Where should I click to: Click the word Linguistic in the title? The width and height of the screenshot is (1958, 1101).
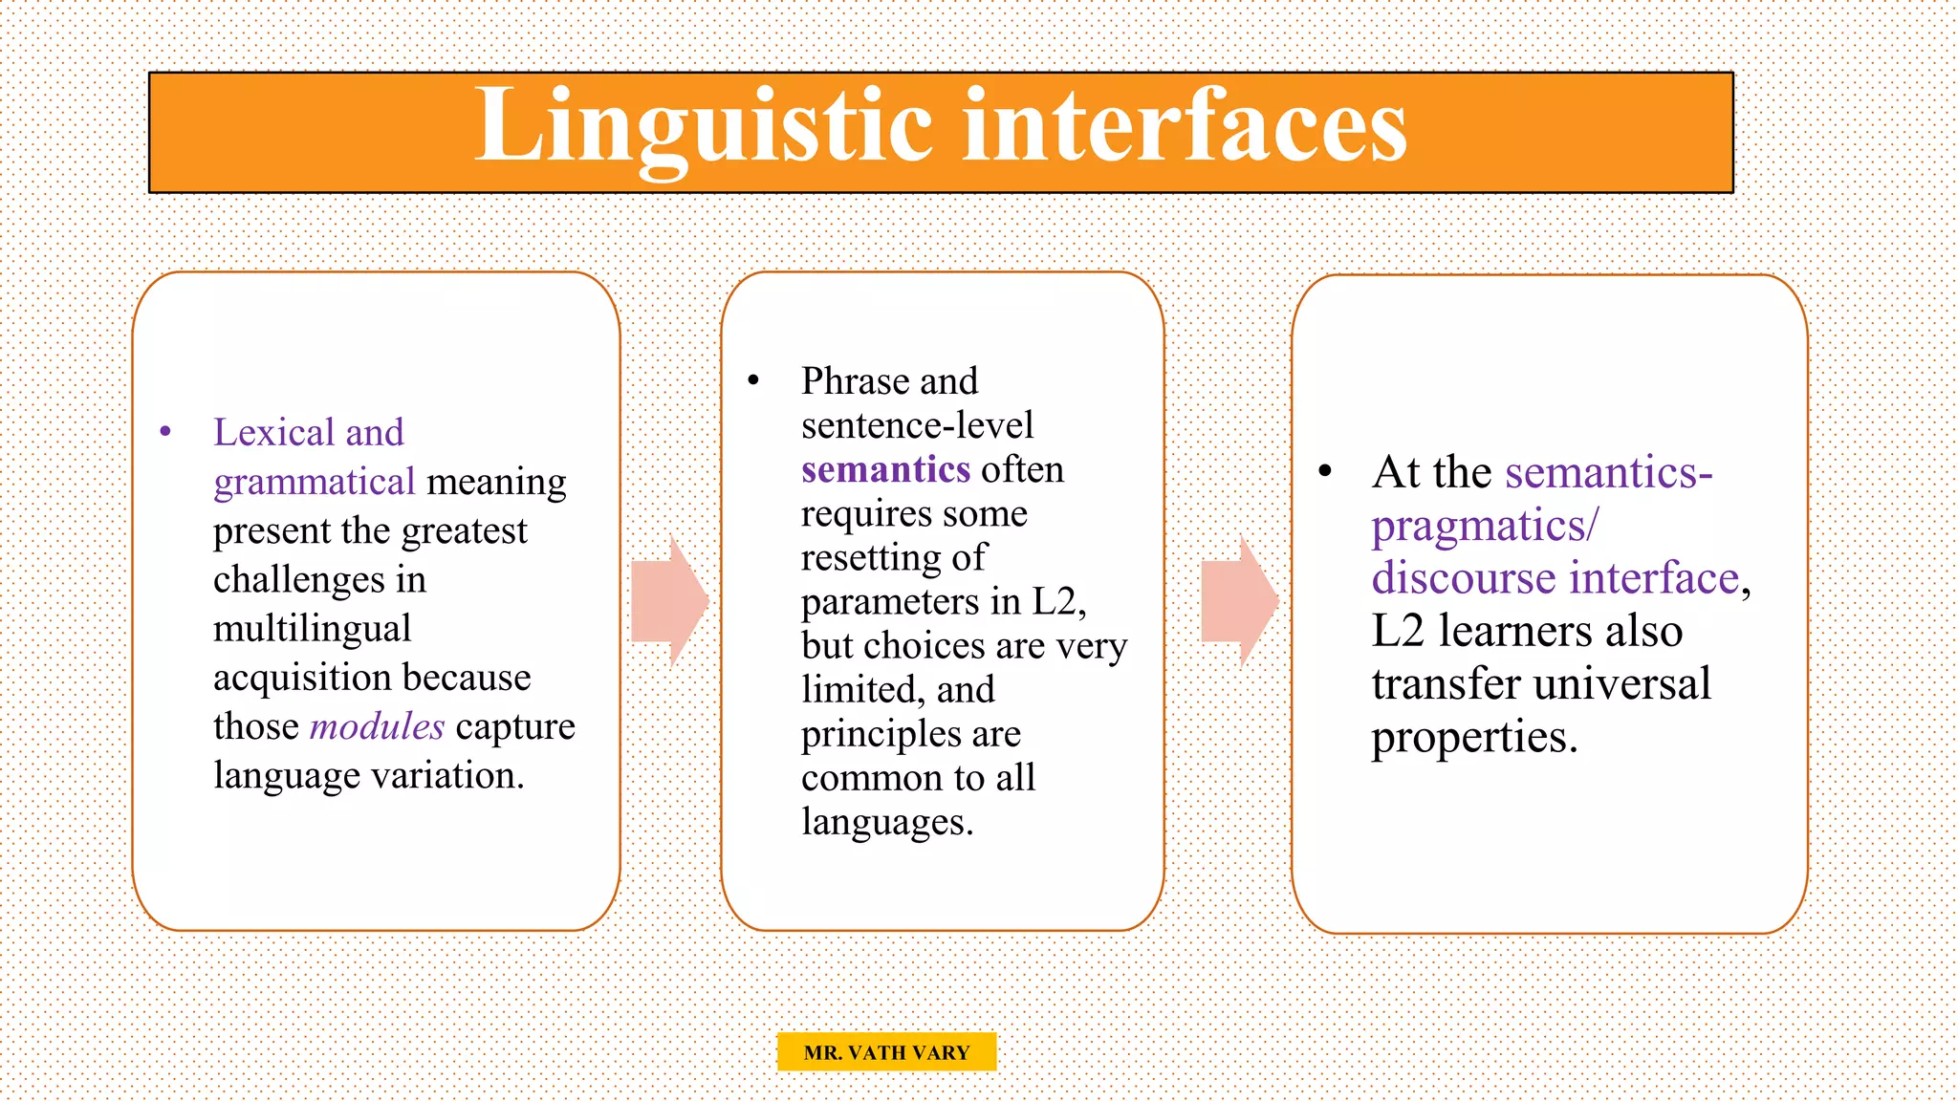click(x=703, y=126)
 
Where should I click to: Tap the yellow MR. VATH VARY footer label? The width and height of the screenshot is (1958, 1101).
click(x=886, y=1052)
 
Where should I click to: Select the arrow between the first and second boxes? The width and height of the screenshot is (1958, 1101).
click(x=669, y=602)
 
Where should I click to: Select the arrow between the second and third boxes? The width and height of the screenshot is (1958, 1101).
click(x=1239, y=602)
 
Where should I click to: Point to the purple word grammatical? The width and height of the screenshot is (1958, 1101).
click(x=314, y=482)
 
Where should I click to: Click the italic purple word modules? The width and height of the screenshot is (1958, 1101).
click(x=378, y=726)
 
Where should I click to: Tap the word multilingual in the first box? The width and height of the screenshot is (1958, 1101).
click(x=312, y=629)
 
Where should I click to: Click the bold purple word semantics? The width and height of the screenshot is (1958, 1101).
click(x=885, y=470)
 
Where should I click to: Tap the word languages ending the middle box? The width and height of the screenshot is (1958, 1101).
click(x=886, y=823)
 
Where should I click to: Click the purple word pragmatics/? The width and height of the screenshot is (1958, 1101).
click(x=1484, y=527)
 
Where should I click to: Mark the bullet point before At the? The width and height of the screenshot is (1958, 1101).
click(x=1325, y=471)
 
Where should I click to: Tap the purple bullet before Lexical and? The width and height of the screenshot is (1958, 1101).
click(x=165, y=432)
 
